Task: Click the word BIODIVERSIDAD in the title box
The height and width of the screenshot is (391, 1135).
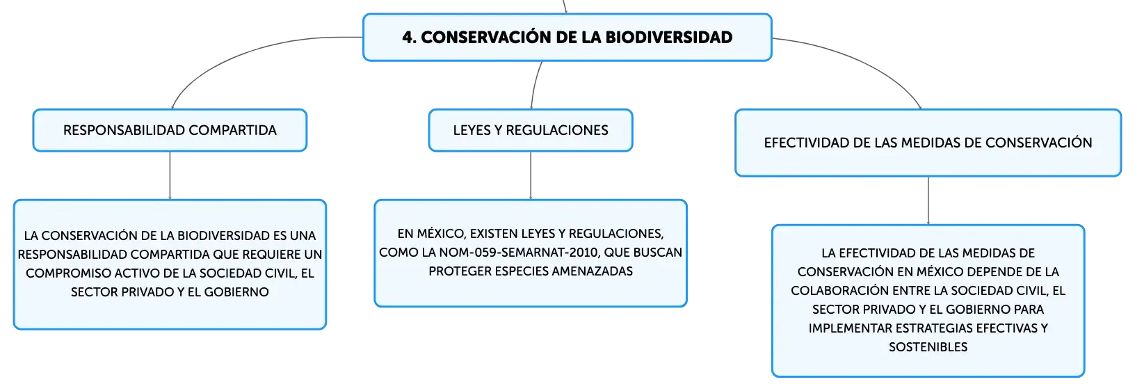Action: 669,38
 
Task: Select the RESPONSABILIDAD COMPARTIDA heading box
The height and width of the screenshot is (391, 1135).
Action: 170,130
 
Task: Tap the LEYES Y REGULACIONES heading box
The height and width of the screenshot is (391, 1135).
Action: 531,130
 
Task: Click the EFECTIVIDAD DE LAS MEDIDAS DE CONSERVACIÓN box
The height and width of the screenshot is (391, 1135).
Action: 928,143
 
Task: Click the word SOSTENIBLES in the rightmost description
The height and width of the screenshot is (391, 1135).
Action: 928,347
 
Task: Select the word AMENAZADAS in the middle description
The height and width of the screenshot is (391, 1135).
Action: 592,271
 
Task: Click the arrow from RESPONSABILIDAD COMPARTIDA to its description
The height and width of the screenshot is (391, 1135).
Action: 170,175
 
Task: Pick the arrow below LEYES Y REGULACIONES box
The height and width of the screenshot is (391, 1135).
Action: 531,175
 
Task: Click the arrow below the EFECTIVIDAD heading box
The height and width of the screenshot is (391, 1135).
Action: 928,201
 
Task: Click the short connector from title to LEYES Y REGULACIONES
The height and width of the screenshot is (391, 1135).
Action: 535,85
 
